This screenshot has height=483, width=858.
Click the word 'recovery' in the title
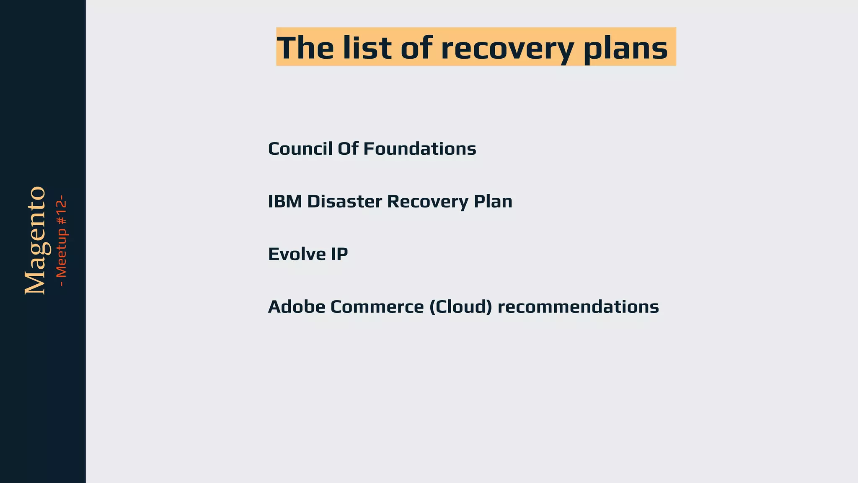tap(507, 48)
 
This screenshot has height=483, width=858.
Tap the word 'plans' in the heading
tap(625, 48)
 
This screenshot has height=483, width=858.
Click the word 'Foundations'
tap(419, 149)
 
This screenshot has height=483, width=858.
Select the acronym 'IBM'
tap(285, 202)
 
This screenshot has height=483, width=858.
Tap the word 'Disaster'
tap(344, 202)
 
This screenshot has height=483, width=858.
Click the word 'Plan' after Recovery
tap(493, 202)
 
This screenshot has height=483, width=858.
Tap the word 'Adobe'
tap(297, 307)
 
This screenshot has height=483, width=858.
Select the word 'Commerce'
tap(377, 307)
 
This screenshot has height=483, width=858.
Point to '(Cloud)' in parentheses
tap(460, 307)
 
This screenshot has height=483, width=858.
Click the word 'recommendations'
tap(578, 307)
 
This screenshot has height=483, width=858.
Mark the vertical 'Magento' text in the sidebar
tap(35, 240)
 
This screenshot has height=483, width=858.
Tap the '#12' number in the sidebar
tap(62, 212)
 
